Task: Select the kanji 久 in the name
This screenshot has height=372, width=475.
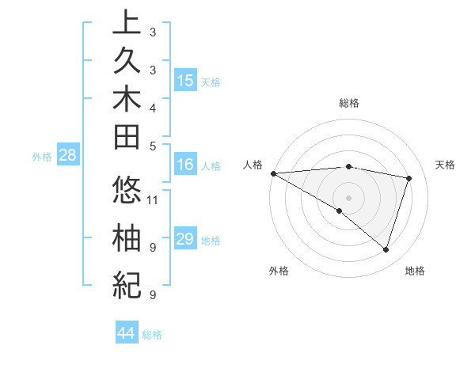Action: [x=127, y=63]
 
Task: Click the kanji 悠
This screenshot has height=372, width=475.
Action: [x=127, y=192]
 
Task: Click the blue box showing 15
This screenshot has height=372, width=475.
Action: [x=185, y=81]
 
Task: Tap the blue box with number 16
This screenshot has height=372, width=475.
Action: [x=185, y=165]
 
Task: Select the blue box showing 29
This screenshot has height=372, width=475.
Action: [x=185, y=239]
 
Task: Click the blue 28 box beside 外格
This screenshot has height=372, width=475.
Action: [x=67, y=156]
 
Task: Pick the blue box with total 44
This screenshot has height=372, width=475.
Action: [x=126, y=333]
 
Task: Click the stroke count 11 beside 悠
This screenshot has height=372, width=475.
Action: [x=154, y=199]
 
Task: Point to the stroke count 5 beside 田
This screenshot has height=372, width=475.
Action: [x=153, y=146]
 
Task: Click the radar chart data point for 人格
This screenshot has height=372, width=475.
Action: [x=273, y=173]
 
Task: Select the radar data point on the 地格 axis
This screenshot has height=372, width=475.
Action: [x=386, y=250]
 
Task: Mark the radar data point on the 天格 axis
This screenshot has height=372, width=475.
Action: [x=409, y=178]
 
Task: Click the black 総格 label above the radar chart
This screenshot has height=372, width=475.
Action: [x=349, y=103]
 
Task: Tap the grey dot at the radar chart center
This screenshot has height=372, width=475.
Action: [x=348, y=197]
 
